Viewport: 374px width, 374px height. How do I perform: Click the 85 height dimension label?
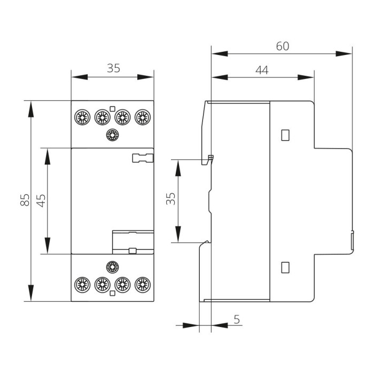click(x=24, y=200)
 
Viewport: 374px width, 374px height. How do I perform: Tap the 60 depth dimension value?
click(x=283, y=46)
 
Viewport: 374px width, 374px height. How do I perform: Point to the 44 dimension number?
click(x=261, y=69)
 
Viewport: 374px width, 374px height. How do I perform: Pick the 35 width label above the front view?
click(x=113, y=68)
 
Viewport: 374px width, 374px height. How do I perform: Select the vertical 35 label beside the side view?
click(x=170, y=200)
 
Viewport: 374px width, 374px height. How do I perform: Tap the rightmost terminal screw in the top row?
click(x=142, y=116)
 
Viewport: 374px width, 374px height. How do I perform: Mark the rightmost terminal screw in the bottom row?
click(x=142, y=284)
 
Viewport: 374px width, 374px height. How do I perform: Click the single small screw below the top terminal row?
click(x=112, y=135)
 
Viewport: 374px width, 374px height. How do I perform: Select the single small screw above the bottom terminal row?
click(x=112, y=266)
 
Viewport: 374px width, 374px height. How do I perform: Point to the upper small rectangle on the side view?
click(x=285, y=135)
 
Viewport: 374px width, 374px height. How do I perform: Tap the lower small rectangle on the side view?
click(x=285, y=266)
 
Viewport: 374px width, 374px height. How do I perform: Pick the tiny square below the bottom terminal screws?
click(x=112, y=293)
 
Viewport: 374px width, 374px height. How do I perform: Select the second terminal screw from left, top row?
click(x=102, y=116)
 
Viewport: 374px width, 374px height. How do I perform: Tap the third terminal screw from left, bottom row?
click(x=122, y=284)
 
